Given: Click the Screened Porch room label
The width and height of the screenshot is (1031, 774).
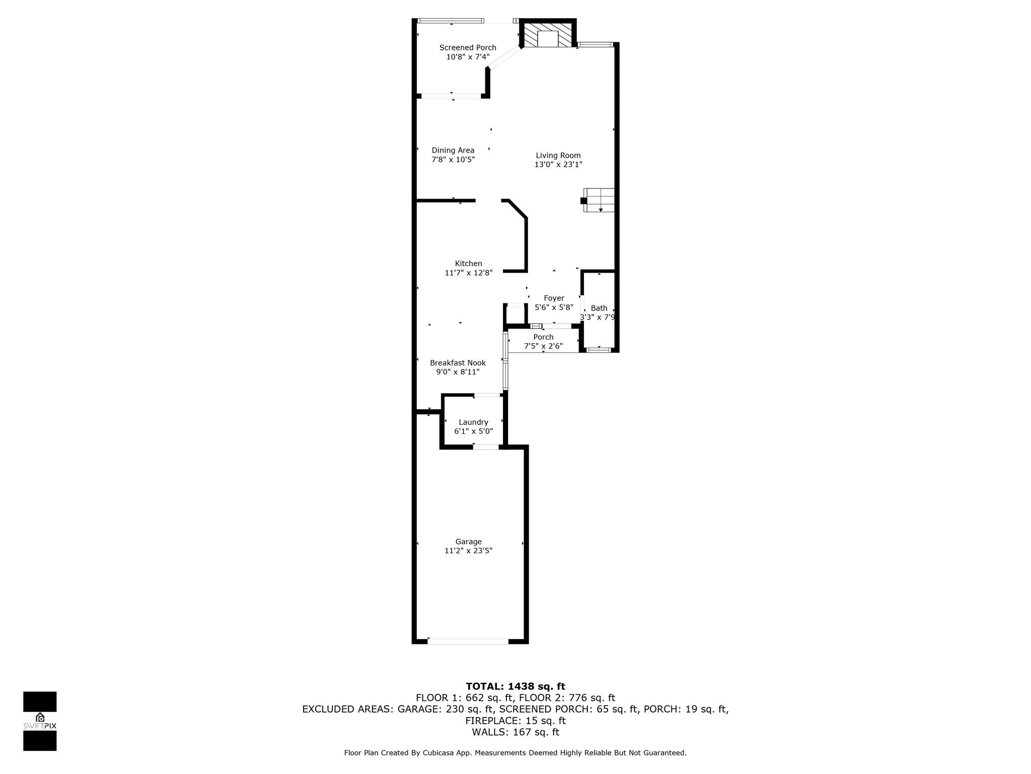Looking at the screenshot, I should [x=468, y=47].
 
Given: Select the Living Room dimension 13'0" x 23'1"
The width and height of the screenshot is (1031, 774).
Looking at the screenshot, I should [x=558, y=165].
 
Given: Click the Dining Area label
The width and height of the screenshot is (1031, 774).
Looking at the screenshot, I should [x=453, y=150].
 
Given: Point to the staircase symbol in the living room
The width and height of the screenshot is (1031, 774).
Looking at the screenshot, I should [x=599, y=200].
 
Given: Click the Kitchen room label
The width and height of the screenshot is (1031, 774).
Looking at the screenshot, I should [x=468, y=264].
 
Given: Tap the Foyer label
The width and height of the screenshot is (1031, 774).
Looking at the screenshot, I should [x=554, y=298].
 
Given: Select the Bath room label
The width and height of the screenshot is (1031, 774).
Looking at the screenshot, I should [x=599, y=308].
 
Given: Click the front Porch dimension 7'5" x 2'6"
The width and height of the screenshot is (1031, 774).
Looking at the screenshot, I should [x=543, y=346].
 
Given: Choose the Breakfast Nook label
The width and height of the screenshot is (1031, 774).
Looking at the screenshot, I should [x=458, y=363].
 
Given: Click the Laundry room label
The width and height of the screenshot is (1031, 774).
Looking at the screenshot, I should [x=473, y=422].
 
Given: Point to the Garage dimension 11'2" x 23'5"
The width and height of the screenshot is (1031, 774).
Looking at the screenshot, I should [x=468, y=551].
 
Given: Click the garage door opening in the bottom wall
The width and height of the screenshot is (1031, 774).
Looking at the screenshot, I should [x=468, y=641].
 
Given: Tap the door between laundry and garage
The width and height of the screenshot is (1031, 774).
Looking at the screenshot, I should [x=486, y=447].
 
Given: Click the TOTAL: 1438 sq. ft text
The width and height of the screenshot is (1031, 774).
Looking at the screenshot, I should [x=515, y=686].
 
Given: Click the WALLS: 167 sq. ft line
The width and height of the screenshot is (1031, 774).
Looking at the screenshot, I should [x=515, y=732].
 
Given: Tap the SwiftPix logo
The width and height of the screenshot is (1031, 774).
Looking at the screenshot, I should [x=40, y=721].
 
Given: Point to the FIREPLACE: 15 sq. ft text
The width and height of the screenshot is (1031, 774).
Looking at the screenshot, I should [x=515, y=721].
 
